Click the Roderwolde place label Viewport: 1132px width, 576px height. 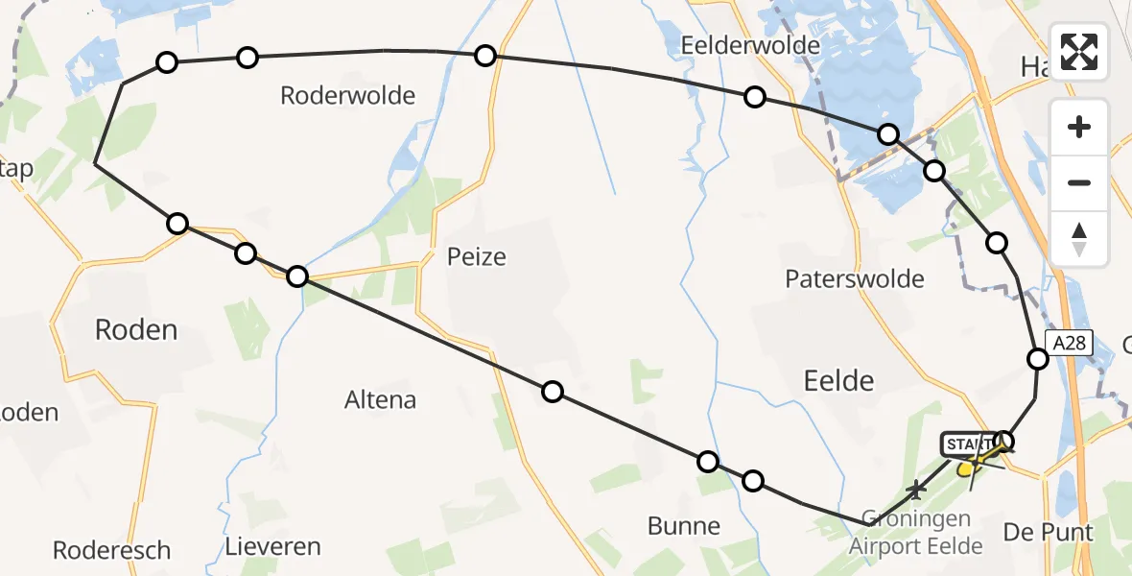(347, 95)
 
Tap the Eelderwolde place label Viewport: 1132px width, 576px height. (750, 45)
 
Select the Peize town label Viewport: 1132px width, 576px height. (476, 256)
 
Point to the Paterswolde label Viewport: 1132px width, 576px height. (854, 279)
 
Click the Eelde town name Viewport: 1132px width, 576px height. (839, 380)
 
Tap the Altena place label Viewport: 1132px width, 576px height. (380, 399)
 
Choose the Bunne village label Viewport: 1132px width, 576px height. (684, 525)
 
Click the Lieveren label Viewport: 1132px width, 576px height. (272, 547)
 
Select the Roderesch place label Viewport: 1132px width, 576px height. (111, 550)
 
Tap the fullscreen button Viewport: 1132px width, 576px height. (1079, 51)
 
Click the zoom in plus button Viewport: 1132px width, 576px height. (1079, 128)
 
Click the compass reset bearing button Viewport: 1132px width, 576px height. (1079, 239)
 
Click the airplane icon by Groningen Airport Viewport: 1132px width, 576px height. (916, 491)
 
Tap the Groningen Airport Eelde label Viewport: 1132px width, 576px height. (915, 532)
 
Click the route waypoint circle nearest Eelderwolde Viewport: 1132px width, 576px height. (755, 97)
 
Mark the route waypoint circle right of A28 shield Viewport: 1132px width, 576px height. (1037, 359)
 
